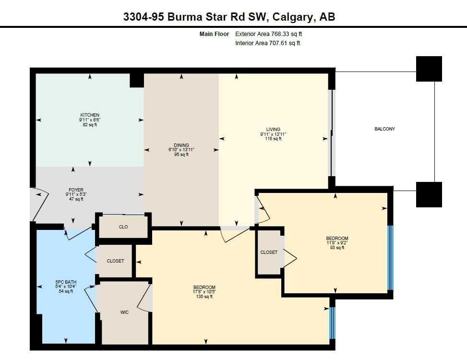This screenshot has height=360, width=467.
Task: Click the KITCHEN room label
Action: tap(90, 115)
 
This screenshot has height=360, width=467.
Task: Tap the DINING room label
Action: tap(181, 145)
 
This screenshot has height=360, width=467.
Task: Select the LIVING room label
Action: tap(273, 129)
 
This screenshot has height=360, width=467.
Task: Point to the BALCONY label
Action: tap(384, 129)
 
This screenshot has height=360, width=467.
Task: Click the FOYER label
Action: tap(76, 190)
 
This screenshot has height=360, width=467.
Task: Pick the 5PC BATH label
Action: tap(66, 282)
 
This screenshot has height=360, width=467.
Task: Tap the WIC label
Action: tap(124, 312)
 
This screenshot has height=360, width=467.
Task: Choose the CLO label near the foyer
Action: tap(123, 227)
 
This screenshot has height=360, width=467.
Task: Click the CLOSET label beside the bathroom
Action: tap(115, 261)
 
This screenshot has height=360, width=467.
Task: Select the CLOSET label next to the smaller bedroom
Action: tap(269, 252)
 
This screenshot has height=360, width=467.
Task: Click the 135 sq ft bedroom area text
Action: tap(204, 297)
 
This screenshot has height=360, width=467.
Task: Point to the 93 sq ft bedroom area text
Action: tap(337, 248)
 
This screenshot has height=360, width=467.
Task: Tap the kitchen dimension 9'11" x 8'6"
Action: tap(90, 120)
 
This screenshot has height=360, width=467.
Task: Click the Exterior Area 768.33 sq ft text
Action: tap(269, 34)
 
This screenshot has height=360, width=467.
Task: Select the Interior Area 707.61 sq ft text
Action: tap(268, 43)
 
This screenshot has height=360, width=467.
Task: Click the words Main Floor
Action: tap(214, 34)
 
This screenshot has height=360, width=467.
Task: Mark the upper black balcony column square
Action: tap(429, 69)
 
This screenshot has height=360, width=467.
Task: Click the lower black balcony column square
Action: tap(429, 194)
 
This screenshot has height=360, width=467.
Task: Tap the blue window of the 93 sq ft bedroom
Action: tap(390, 258)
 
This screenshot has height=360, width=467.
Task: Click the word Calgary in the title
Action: tap(293, 17)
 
